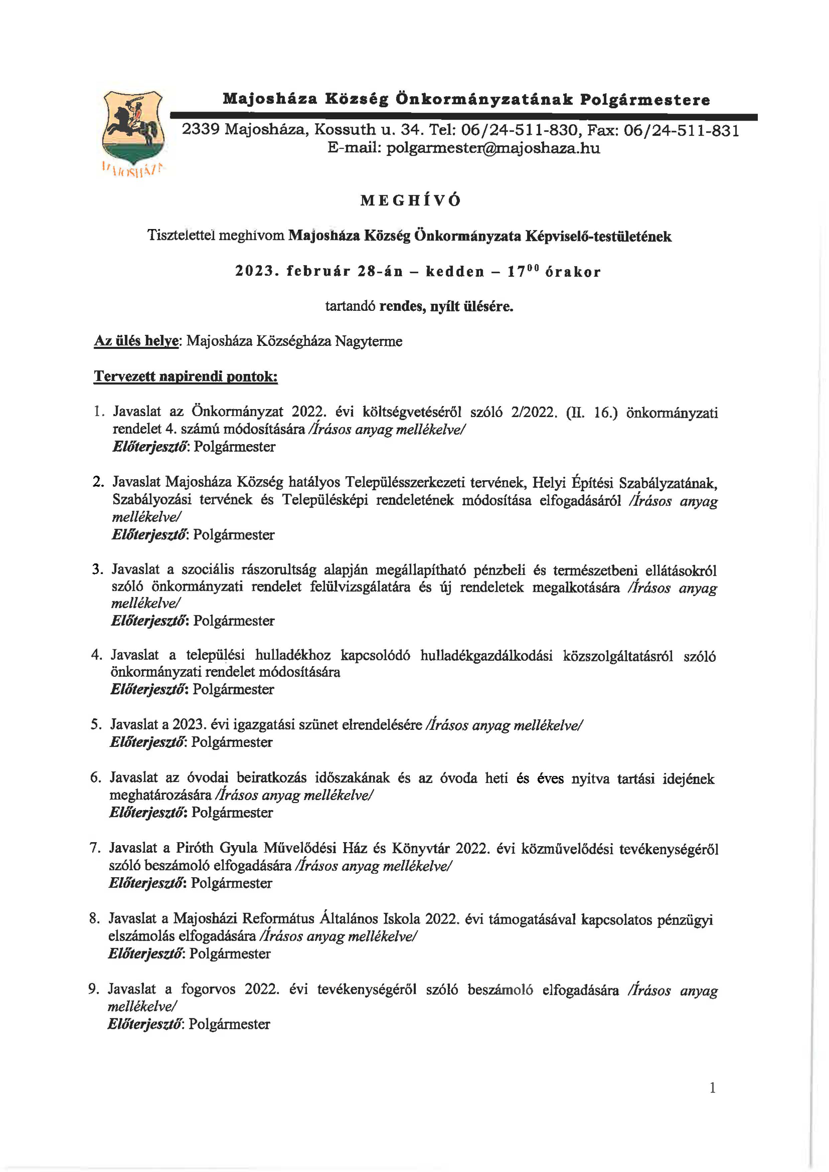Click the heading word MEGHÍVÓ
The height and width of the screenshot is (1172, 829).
click(x=410, y=201)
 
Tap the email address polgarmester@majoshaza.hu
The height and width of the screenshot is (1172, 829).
click(x=464, y=148)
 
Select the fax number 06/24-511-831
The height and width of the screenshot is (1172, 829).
click(x=682, y=131)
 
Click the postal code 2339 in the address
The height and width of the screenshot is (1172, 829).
click(x=201, y=130)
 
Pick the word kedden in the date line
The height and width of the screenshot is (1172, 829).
click(x=455, y=272)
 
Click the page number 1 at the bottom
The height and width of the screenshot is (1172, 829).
click(x=712, y=1088)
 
